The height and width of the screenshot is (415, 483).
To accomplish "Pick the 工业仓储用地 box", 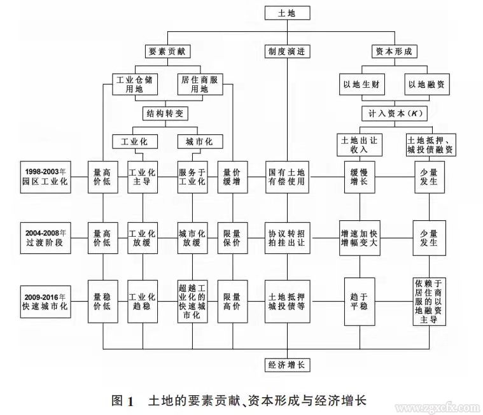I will [134, 85].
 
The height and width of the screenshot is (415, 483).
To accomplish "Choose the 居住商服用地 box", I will [199, 85].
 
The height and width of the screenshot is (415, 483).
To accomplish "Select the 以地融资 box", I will [426, 85].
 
